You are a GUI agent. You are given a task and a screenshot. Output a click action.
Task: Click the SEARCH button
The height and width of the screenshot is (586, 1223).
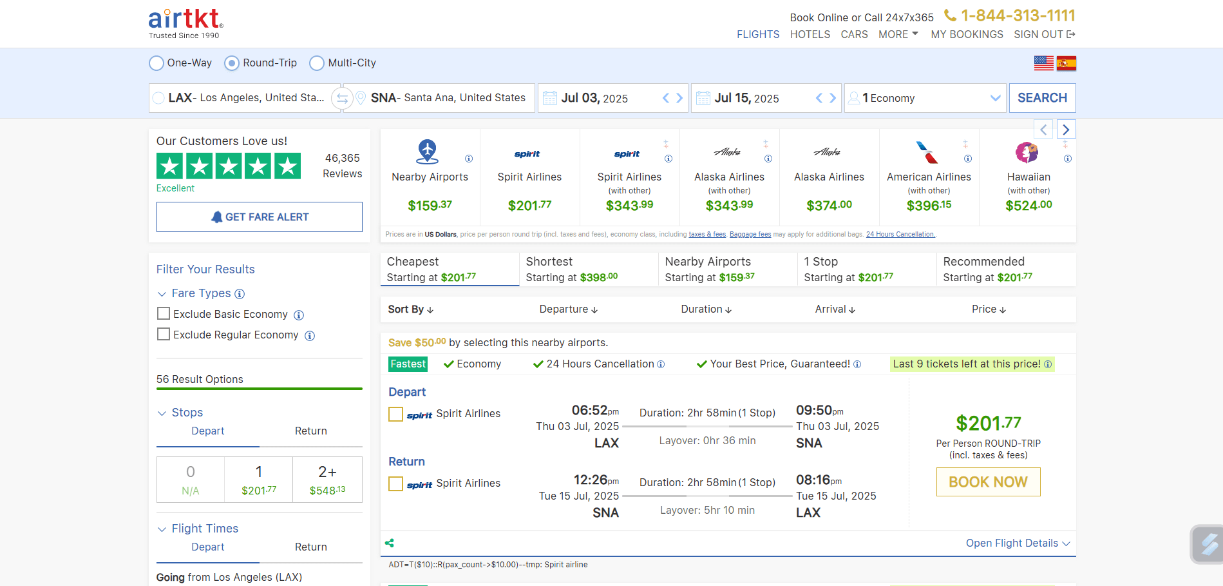1042,98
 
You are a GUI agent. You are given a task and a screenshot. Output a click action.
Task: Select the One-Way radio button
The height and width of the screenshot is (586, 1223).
156,63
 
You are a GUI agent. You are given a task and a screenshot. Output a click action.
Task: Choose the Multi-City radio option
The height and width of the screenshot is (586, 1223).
317,63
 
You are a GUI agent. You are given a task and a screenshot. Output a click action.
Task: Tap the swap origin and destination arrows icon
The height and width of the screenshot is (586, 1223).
342,99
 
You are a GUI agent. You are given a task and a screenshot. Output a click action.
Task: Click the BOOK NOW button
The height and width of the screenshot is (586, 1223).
988,482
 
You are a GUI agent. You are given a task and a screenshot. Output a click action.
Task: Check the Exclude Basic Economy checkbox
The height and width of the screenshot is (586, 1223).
164,314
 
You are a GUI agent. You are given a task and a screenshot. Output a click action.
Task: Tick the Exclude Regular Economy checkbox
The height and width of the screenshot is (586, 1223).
164,335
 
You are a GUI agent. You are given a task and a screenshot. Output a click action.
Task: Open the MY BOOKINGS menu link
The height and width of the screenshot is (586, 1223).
967,35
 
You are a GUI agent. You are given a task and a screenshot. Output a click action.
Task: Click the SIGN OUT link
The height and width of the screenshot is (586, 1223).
1044,35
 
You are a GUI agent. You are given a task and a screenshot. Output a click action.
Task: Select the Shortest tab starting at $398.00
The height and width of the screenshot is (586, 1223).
588,269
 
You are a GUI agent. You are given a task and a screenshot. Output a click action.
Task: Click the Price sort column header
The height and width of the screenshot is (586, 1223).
989,309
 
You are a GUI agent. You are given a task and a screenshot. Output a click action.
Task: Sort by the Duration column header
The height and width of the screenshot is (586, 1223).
706,309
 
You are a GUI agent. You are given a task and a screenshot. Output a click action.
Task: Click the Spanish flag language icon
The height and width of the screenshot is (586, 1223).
1067,63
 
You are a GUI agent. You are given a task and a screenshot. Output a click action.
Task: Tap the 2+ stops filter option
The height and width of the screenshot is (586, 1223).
327,480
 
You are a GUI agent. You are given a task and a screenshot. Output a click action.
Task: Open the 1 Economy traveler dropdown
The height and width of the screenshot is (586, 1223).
925,99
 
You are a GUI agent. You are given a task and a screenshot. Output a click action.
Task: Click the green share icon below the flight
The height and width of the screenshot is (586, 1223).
390,543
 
